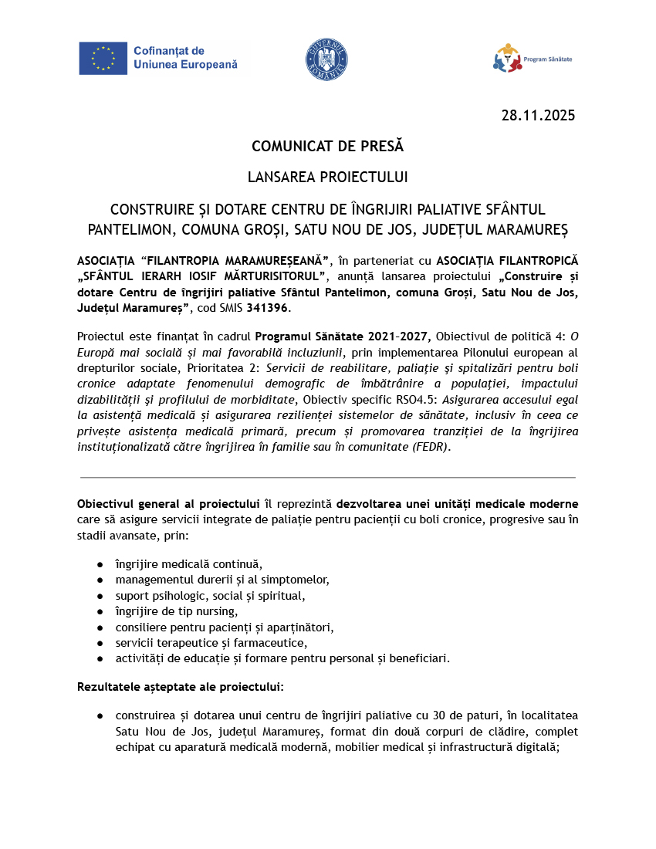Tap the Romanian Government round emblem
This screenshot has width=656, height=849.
click(327, 59)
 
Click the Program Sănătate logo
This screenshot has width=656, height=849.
click(533, 59)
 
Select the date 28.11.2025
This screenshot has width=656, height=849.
click(538, 116)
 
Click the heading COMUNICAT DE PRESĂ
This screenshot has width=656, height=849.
click(327, 146)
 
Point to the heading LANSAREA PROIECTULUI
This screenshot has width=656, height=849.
click(327, 177)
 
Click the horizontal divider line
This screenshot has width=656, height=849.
click(327, 478)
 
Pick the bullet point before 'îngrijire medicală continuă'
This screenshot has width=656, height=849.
click(100, 563)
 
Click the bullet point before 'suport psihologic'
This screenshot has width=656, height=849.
click(100, 595)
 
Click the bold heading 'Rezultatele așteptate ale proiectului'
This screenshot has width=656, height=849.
click(180, 686)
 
